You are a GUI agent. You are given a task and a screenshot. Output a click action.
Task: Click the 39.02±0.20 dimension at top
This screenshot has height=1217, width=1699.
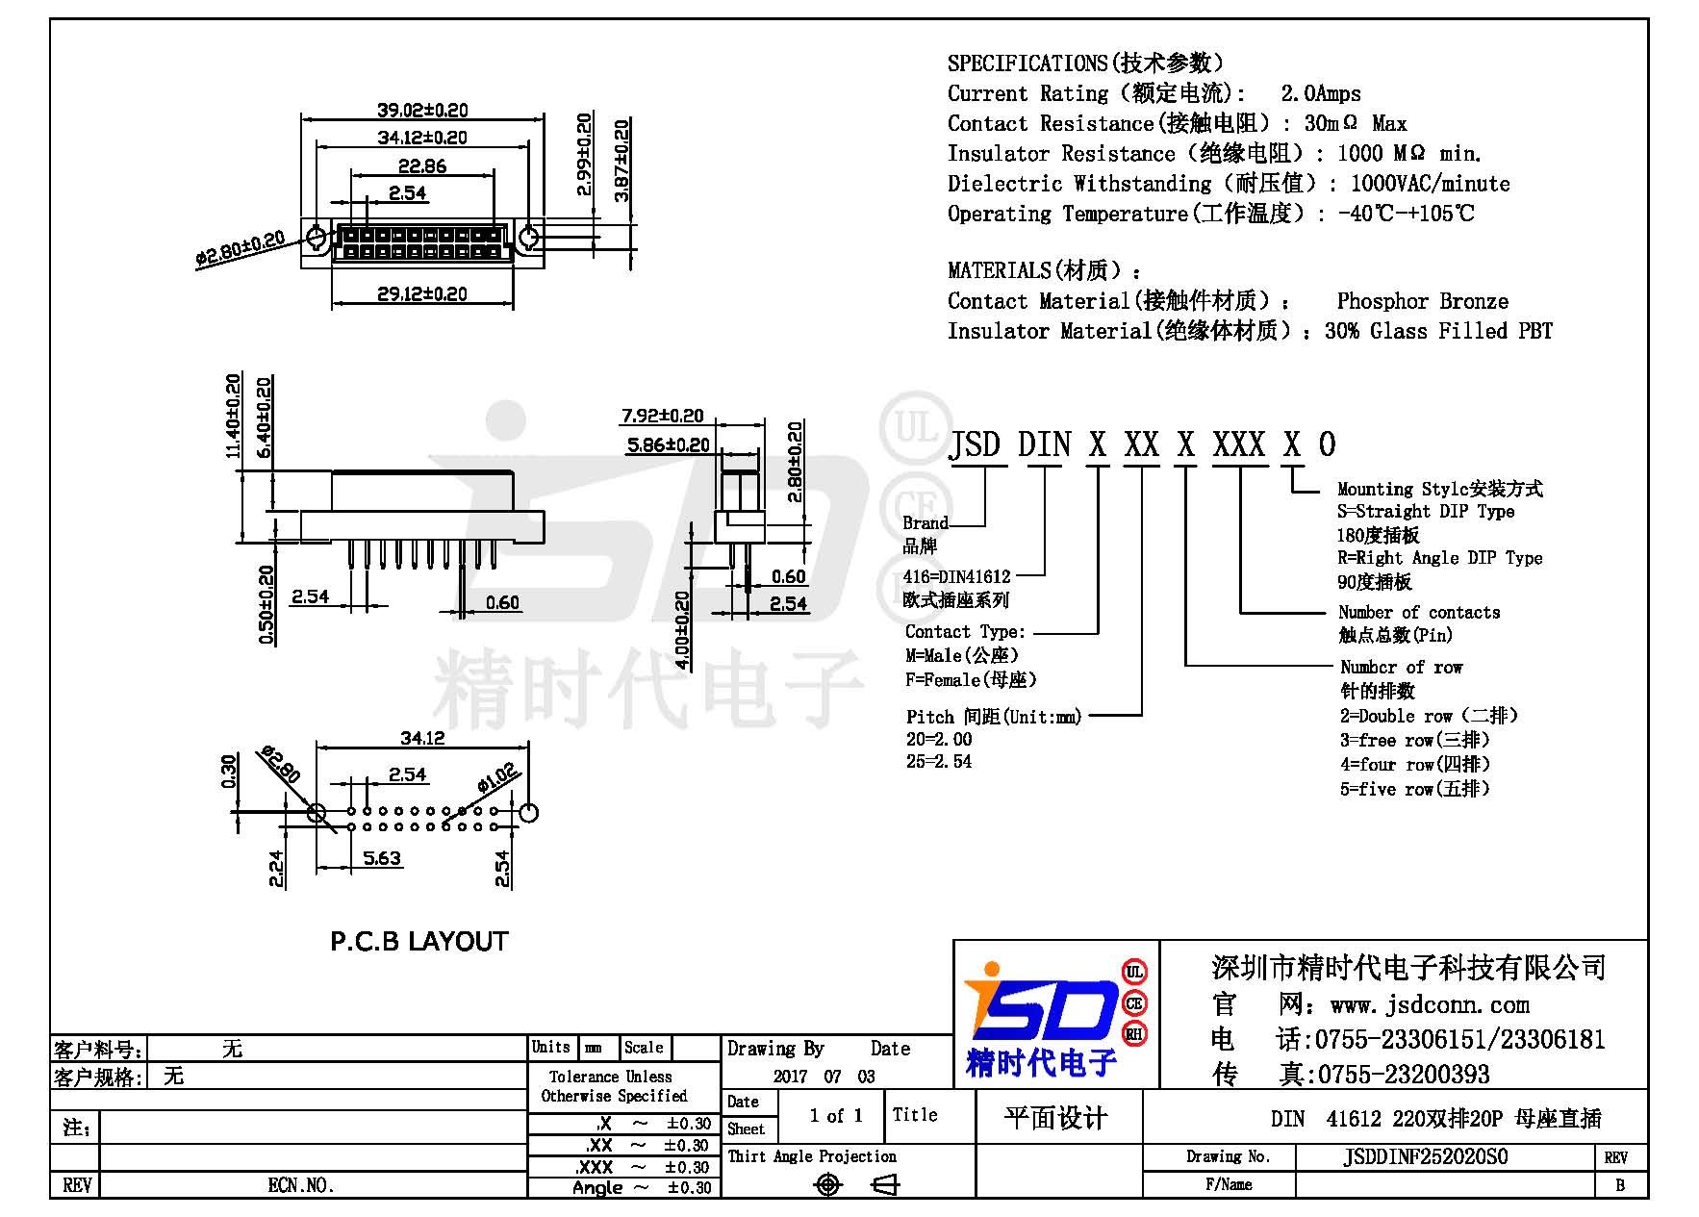point(422,110)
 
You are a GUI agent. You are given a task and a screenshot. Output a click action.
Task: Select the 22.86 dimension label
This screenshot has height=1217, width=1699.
point(422,165)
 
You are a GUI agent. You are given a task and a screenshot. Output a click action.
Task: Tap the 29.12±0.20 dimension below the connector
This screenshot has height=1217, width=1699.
point(422,293)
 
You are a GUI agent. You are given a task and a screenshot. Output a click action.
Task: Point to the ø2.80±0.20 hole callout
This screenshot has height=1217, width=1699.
point(240,247)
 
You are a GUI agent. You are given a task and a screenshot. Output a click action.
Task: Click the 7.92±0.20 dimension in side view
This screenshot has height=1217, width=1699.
point(663,416)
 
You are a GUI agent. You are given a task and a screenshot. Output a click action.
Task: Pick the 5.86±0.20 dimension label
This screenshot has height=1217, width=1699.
point(668,444)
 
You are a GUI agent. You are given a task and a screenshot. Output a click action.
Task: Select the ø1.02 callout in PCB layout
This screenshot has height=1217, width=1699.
point(498,776)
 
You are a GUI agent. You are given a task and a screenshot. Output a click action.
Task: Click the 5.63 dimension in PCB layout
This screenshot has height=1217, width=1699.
point(382,857)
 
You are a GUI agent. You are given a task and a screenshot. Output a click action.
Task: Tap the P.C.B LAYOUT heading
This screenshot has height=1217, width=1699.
point(418,941)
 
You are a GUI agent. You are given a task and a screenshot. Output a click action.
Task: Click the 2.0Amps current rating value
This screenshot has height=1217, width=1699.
point(1320,93)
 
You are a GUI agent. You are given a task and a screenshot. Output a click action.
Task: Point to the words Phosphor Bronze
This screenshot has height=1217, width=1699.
point(1422,301)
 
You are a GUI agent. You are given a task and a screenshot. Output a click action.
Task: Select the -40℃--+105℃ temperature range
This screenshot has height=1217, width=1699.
point(1406,214)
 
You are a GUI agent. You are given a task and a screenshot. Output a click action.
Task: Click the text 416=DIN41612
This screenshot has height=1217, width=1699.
point(956,576)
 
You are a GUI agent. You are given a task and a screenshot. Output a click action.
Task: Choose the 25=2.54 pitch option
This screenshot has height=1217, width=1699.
point(938,761)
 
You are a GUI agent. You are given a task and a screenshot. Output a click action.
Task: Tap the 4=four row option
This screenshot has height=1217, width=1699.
point(1414,764)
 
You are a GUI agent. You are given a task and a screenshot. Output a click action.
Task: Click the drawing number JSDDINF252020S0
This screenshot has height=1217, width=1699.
point(1425,1156)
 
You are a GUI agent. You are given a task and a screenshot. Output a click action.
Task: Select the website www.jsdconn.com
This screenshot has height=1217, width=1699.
point(1430,1004)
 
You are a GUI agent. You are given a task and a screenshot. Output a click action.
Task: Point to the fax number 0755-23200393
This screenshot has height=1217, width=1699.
point(1403,1074)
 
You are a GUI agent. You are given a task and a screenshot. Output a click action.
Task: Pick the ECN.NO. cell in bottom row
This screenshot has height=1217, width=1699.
point(301,1185)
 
